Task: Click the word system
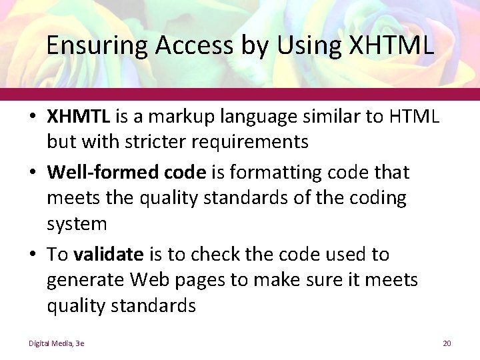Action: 77,224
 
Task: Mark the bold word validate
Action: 109,254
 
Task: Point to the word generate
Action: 87,280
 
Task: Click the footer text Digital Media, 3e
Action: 56,343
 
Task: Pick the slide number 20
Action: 447,343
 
